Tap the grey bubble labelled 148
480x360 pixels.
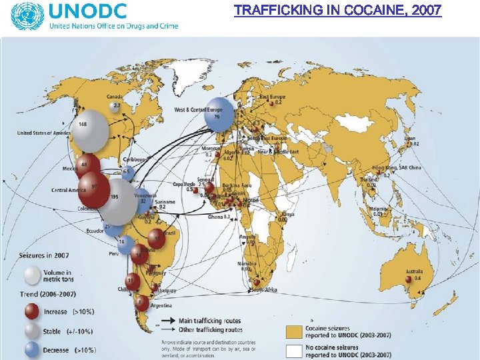[90, 131]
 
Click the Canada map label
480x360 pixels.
[115, 97]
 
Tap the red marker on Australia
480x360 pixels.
[407, 279]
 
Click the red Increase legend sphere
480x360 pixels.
[32, 311]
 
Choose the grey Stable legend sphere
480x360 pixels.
[32, 331]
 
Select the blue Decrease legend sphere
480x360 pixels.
[32, 349]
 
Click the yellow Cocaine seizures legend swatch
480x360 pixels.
[293, 331]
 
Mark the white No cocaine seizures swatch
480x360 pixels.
[293, 351]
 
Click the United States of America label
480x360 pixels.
[43, 133]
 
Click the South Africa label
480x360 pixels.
[264, 290]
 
